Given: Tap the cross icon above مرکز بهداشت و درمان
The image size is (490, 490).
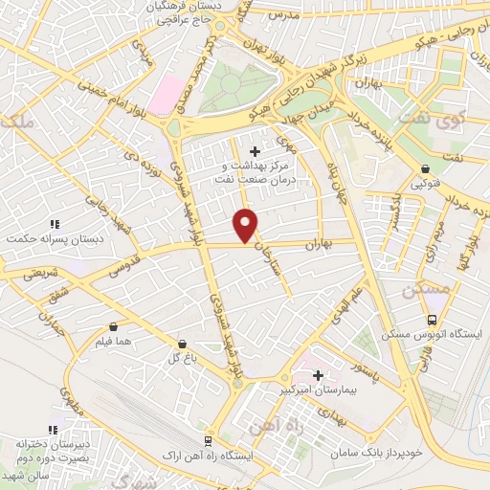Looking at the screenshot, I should tap(254, 151).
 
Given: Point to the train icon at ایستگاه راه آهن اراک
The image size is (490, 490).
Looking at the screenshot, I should tap(206, 439).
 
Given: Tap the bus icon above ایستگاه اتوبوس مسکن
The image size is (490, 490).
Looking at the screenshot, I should tap(433, 320).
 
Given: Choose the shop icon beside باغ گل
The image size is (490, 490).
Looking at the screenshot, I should tap(182, 343).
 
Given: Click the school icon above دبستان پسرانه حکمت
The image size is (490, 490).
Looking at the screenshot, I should tap(55, 221).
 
